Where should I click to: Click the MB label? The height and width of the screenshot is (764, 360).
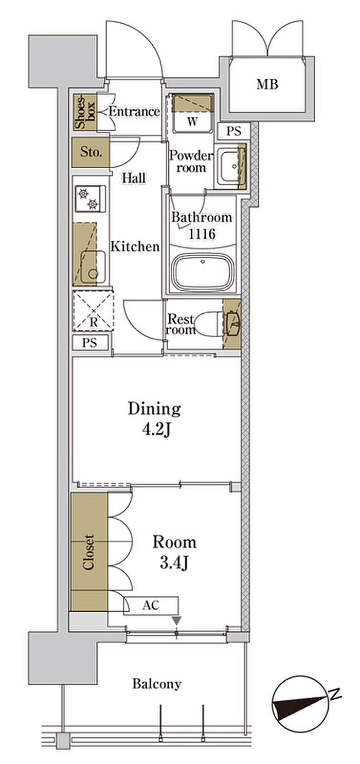267,84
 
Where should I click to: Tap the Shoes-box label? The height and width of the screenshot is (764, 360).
85,112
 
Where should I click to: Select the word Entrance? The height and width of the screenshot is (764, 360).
134,112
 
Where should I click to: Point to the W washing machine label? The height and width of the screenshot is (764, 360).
192,121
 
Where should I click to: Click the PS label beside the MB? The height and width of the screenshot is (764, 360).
233,131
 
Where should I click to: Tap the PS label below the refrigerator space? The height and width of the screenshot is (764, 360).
89,343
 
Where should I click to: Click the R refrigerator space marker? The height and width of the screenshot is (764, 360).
94,323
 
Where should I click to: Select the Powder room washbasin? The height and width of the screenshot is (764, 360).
229,166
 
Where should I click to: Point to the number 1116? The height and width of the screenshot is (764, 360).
202,234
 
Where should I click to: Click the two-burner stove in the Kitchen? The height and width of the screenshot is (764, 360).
91,199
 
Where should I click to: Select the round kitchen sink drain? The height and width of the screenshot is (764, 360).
92,273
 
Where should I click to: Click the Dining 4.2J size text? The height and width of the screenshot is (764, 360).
154,419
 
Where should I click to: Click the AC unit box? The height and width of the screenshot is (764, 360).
151,606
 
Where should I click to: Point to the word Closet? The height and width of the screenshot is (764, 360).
88,552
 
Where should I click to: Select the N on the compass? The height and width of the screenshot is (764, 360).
335,694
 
